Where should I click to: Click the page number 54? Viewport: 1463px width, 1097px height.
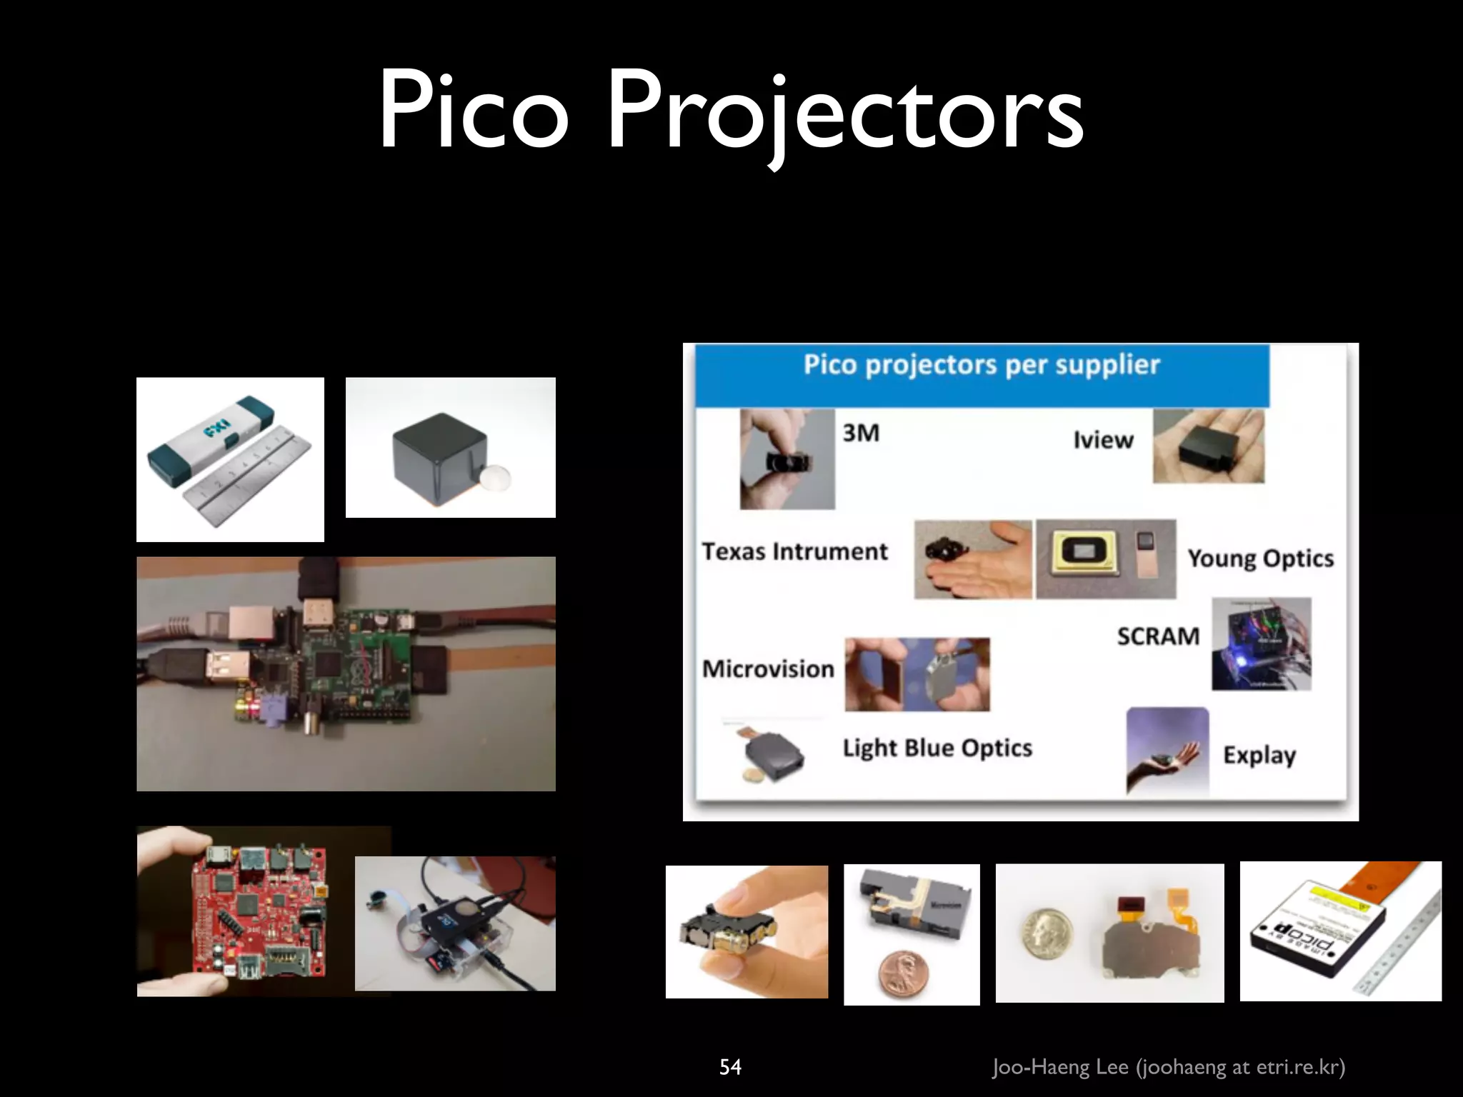(x=730, y=1067)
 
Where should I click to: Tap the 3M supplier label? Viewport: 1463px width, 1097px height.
(x=860, y=433)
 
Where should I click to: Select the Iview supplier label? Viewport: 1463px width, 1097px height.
(x=1103, y=440)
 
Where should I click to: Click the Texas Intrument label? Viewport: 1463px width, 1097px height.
(x=794, y=551)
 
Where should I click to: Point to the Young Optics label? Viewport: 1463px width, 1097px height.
(x=1260, y=558)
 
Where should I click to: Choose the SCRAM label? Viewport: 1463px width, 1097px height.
(x=1158, y=636)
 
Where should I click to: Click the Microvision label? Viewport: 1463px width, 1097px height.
(x=768, y=668)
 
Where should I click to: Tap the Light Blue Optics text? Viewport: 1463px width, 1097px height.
(x=937, y=748)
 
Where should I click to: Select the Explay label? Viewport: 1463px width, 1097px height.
(x=1259, y=756)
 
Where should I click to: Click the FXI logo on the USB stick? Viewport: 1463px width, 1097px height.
(x=213, y=433)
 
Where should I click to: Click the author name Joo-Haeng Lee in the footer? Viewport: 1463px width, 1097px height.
(x=1060, y=1067)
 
